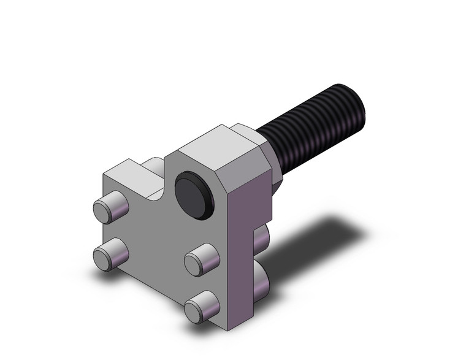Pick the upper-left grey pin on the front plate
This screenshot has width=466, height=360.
pos(109,209)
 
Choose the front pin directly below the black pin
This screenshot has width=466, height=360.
pos(201,260)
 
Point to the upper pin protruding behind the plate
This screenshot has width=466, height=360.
pos(262,239)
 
